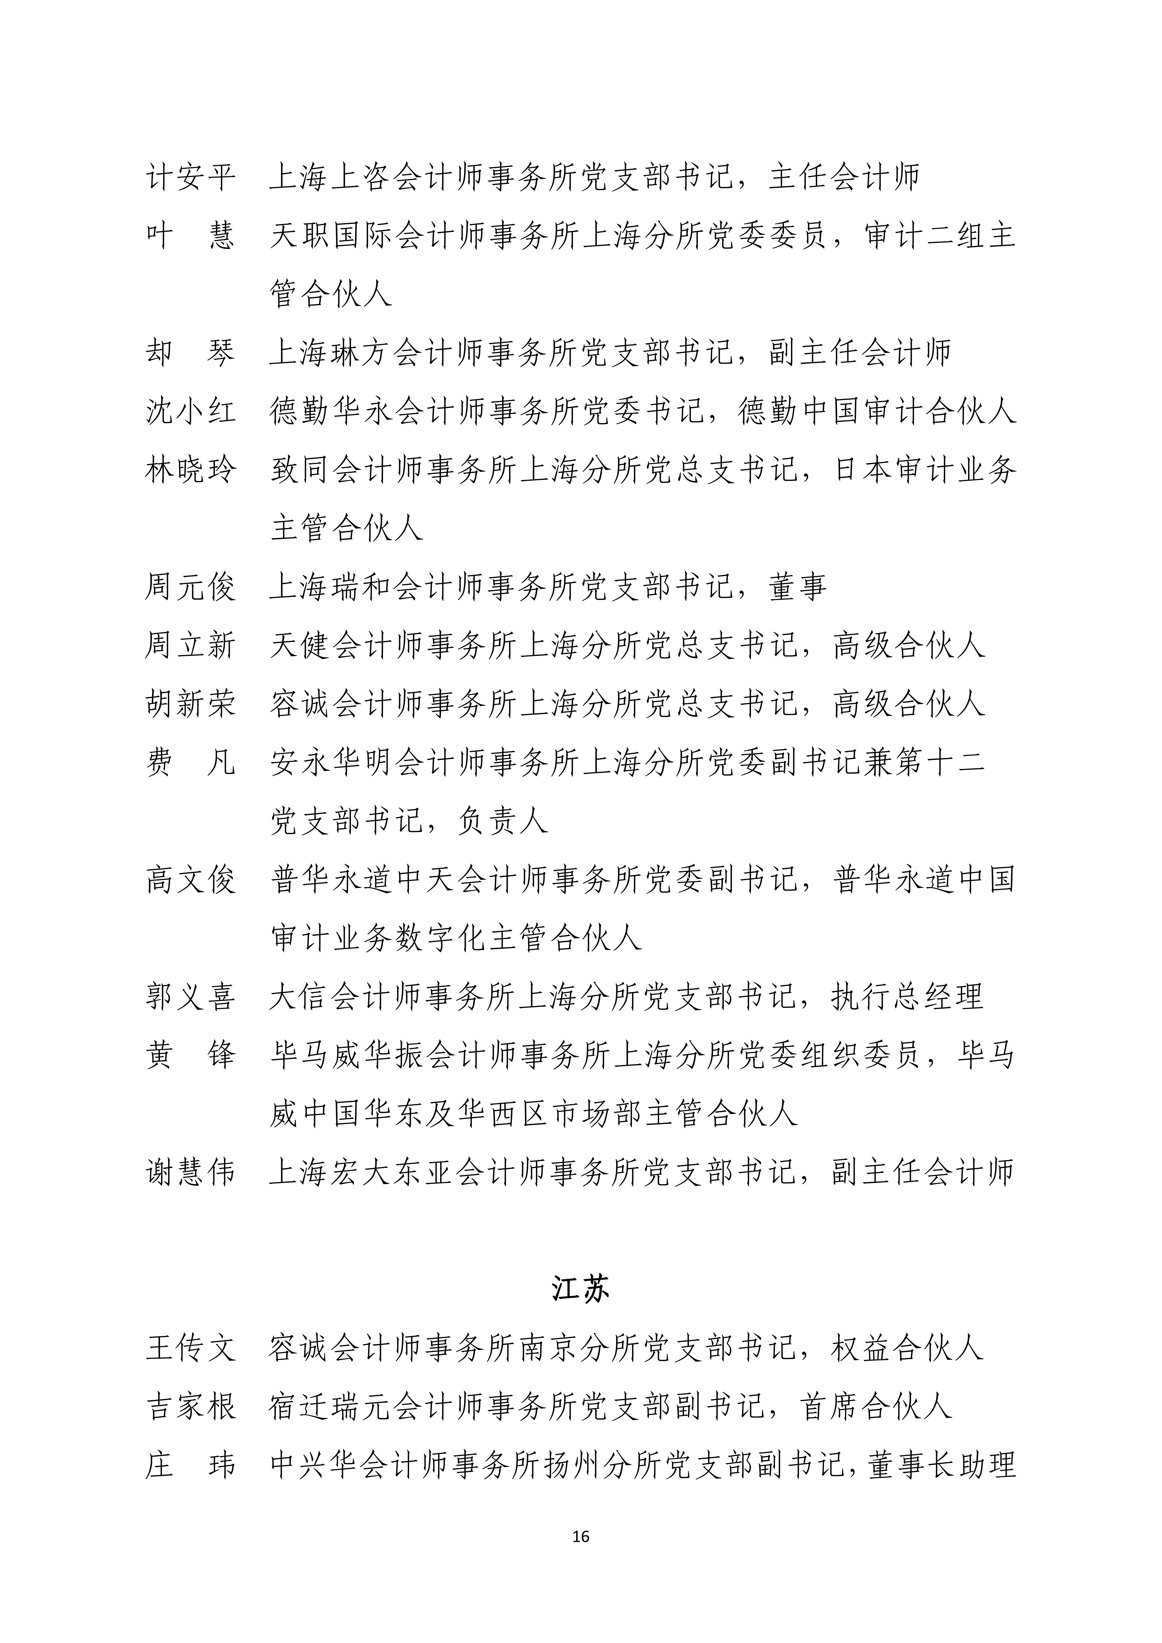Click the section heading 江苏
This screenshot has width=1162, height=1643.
580,1289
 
